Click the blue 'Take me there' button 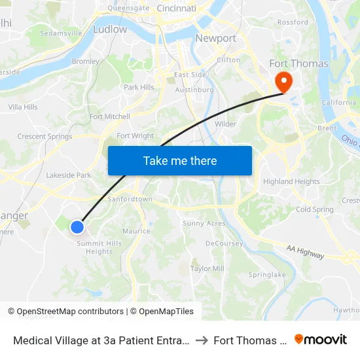(x=179, y=160)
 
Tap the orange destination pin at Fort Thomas (x=284, y=82)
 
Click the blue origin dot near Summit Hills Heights (x=77, y=227)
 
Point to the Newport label (x=215, y=39)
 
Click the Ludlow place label (x=110, y=29)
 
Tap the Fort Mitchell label (x=109, y=117)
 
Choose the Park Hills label (x=139, y=87)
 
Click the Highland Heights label (x=291, y=181)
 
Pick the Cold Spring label (x=314, y=209)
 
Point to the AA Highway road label (x=305, y=251)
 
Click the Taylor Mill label (x=207, y=268)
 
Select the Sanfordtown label (x=130, y=199)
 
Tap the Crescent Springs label (x=45, y=137)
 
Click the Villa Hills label (x=23, y=107)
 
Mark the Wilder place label (x=225, y=124)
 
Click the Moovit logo (x=321, y=340)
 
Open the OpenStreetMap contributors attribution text (x=65, y=312)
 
